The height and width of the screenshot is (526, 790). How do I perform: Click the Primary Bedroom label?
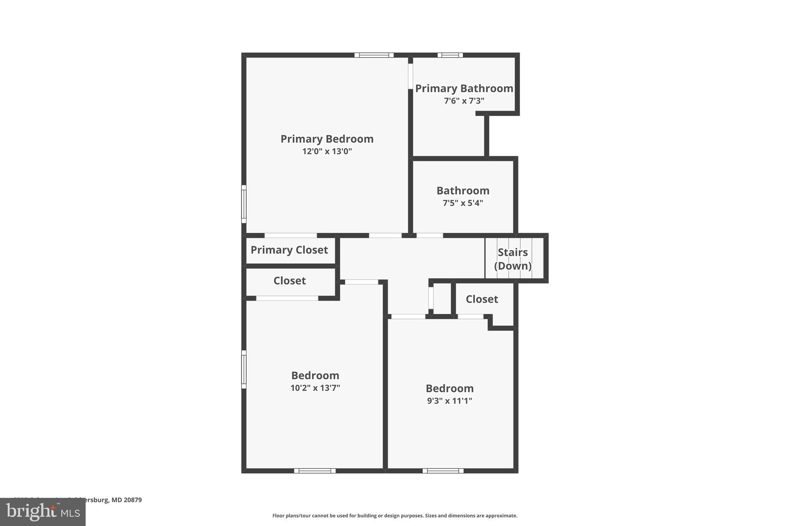coord(327,139)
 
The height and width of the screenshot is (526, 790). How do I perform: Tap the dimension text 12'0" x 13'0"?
coord(327,151)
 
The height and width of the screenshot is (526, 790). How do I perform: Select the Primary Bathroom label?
coord(464,88)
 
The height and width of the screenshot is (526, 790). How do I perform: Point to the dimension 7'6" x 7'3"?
coord(464,101)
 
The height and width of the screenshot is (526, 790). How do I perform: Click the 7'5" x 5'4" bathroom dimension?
coord(463,203)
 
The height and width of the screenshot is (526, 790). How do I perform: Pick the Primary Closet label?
coord(289,250)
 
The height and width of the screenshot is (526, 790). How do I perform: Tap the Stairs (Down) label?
coord(513,259)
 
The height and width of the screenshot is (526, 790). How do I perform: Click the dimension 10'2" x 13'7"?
coord(315,388)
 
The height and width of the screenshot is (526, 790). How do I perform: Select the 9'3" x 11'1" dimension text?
coord(449,401)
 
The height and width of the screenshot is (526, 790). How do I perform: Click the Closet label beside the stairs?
coord(482,299)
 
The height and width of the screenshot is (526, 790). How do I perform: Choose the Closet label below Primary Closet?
coord(289,281)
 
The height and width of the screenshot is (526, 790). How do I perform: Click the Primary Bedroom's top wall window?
coord(374,55)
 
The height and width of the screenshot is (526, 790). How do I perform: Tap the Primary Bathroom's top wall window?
coord(450,55)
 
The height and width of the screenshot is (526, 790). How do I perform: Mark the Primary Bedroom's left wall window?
coord(244,204)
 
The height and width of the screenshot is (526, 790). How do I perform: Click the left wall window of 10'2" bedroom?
coord(244,369)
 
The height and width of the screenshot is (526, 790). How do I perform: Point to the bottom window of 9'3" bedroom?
coord(443,471)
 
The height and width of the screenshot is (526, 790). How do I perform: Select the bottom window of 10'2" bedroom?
coord(315,471)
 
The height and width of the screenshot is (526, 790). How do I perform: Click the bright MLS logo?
coord(42,512)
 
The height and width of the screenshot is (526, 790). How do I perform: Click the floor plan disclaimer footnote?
coord(395,516)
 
